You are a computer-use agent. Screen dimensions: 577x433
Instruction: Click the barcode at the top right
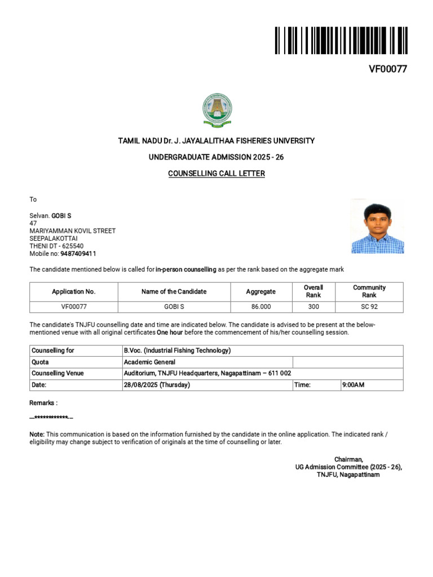pyautogui.click(x=341, y=40)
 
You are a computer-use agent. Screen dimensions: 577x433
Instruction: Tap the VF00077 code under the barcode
pyautogui.click(x=388, y=69)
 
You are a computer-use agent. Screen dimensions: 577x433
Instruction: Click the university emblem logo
pyautogui.click(x=217, y=110)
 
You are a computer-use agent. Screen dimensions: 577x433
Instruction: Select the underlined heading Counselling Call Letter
pyautogui.click(x=216, y=174)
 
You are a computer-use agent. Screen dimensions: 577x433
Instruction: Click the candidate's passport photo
pyautogui.click(x=377, y=226)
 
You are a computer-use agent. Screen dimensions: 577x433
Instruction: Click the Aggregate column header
pyautogui.click(x=261, y=291)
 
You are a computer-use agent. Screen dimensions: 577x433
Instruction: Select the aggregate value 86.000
pyautogui.click(x=261, y=307)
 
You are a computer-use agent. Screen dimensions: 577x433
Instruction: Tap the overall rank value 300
pyautogui.click(x=313, y=307)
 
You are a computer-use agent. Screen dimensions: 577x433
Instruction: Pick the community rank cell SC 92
pyautogui.click(x=369, y=307)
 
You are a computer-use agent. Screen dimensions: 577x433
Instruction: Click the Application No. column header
pyautogui.click(x=74, y=291)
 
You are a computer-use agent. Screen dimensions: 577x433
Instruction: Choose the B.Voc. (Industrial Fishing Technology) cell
pyautogui.click(x=177, y=350)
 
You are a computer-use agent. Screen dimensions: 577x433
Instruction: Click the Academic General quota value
pyautogui.click(x=149, y=362)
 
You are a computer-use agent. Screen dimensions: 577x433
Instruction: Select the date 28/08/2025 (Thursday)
pyautogui.click(x=157, y=385)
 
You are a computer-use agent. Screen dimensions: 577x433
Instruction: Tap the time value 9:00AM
pyautogui.click(x=354, y=385)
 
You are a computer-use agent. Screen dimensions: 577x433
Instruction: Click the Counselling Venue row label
pyautogui.click(x=58, y=374)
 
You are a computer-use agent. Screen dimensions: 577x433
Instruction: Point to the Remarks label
pyautogui.click(x=43, y=403)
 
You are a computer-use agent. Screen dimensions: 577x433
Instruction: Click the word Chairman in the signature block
pyautogui.click(x=348, y=459)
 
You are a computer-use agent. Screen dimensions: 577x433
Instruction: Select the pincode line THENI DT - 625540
pyautogui.click(x=56, y=246)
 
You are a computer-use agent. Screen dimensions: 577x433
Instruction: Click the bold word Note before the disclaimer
pyautogui.click(x=36, y=434)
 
